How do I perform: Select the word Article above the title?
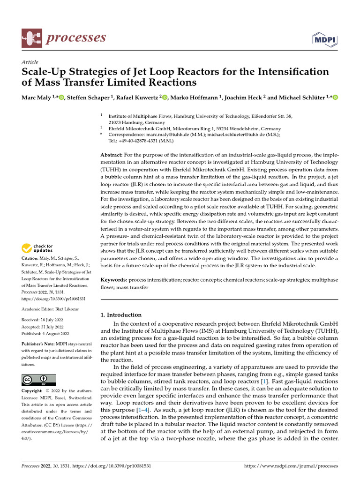click(30, 62)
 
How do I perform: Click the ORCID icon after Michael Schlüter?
click(335, 97)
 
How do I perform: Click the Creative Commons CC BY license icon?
click(38, 380)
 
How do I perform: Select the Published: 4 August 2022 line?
click(45, 333)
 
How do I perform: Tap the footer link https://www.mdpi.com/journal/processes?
click(291, 466)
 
